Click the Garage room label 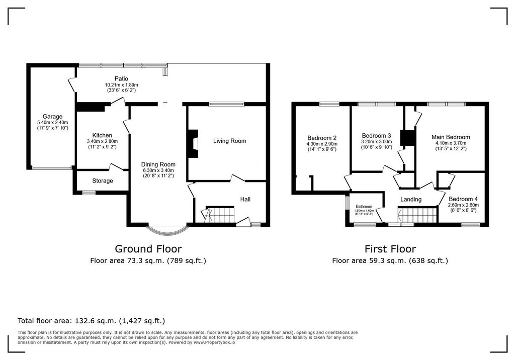point(52,116)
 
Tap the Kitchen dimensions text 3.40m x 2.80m point(102,142)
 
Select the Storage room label point(102,181)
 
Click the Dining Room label point(158,164)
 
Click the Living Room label point(229,141)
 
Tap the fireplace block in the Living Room point(193,142)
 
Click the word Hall point(245,200)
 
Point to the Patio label point(121,78)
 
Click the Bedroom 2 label point(321,138)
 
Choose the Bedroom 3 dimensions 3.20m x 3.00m point(376,142)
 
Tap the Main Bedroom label point(451,137)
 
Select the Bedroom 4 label point(463,198)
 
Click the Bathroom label point(364,207)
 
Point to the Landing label point(410,200)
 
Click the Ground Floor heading point(148,248)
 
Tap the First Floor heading point(390,248)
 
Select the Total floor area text point(91,320)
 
